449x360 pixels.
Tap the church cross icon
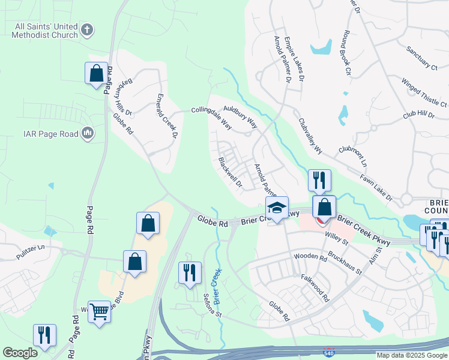(x=87, y=29)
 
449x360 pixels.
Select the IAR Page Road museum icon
(x=87, y=133)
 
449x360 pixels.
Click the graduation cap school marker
(x=277, y=208)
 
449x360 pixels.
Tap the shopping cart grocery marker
(x=99, y=311)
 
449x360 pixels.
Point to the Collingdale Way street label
(x=211, y=118)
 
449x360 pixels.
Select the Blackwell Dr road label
(x=230, y=172)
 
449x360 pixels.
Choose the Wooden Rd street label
(x=310, y=257)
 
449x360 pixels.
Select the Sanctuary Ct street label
(x=421, y=59)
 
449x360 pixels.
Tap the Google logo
(x=20, y=353)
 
